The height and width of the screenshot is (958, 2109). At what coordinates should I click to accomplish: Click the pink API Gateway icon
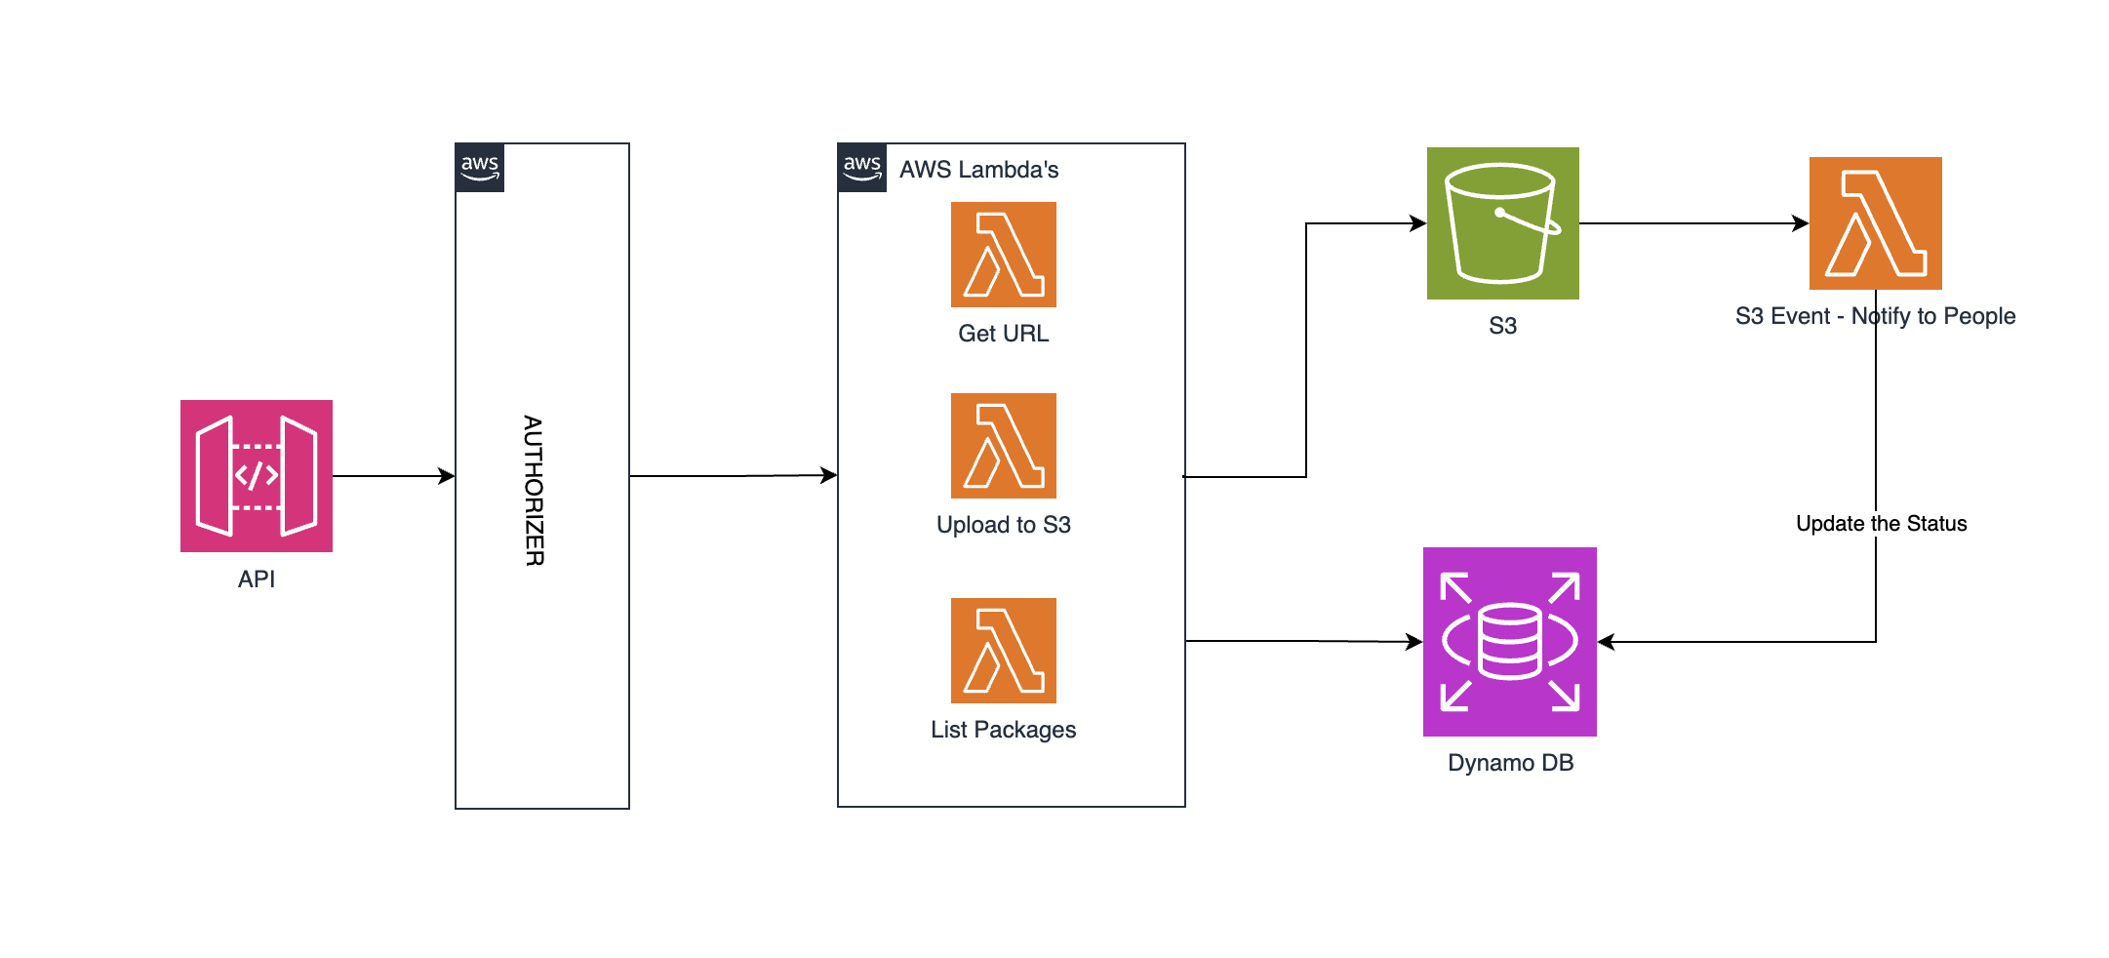257,476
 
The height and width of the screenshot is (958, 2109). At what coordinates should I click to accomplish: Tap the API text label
257,579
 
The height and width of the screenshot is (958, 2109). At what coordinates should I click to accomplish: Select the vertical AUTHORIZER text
534,491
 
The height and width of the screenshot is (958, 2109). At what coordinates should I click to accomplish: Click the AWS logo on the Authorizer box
480,168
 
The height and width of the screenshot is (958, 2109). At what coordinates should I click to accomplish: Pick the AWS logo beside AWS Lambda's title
862,168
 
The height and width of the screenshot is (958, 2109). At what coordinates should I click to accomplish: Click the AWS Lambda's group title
978,170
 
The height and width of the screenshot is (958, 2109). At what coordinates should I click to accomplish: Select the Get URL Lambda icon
1004,255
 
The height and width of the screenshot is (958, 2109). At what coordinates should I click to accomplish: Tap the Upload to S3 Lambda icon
1004,446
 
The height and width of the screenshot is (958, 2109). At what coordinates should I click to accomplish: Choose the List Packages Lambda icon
1004,651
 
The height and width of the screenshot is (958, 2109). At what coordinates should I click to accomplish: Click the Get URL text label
1004,334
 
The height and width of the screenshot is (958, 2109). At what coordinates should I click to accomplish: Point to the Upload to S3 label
1004,525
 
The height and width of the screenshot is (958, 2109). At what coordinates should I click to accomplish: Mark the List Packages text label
1004,730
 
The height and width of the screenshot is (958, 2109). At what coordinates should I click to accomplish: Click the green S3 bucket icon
1503,223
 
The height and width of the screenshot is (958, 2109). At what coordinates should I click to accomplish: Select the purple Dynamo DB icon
1510,642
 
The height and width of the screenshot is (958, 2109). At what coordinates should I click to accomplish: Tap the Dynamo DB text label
1510,763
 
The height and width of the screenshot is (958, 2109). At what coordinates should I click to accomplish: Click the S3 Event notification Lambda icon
1876,223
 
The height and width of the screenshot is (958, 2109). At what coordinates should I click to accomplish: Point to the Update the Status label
1881,524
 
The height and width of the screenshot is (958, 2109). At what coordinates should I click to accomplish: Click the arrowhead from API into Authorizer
448,476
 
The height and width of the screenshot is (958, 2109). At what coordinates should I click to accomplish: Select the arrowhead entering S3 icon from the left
1419,223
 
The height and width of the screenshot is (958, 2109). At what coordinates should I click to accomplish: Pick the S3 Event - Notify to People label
1875,316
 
